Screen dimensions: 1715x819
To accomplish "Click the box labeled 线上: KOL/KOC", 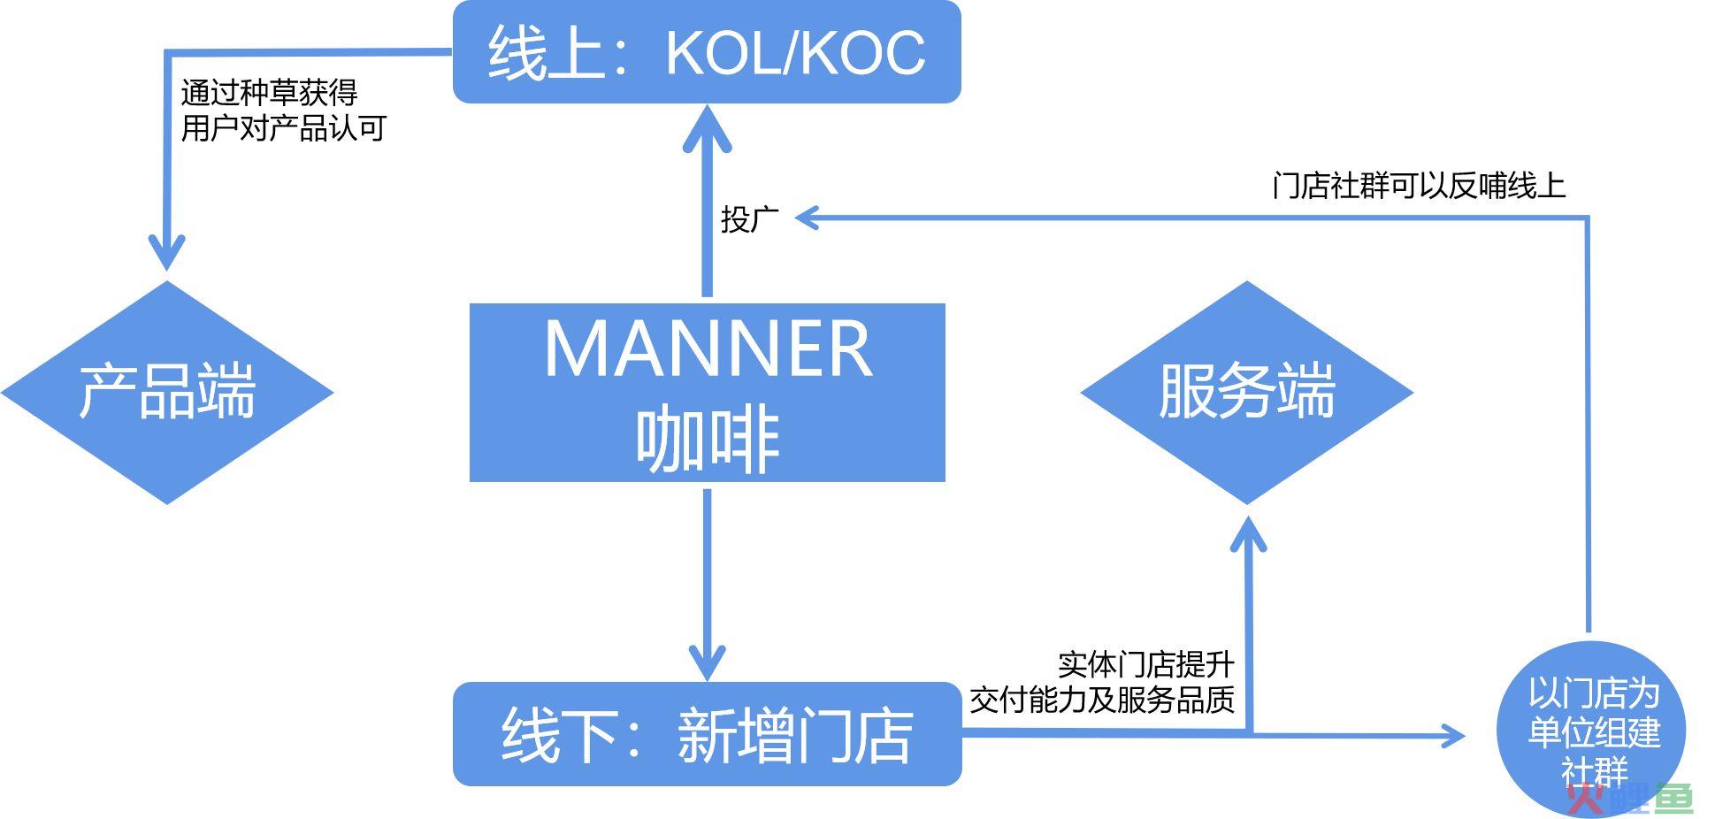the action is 707,51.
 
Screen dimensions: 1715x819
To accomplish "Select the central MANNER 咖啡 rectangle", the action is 707,393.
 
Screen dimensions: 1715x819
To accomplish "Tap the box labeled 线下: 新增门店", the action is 707,734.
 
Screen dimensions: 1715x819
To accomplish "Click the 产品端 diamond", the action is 166,393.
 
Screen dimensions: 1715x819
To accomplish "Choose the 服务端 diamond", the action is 1246,393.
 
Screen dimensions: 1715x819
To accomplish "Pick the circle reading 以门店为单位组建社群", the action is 1591,731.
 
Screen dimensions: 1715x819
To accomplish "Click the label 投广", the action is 750,218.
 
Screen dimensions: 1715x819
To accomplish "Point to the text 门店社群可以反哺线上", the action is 1419,186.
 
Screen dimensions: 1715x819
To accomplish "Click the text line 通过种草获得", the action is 269,92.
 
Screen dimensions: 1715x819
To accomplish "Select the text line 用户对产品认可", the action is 283,128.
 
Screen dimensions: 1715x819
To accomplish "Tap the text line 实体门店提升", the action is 1145,664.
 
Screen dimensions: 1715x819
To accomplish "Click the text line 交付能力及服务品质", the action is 1102,700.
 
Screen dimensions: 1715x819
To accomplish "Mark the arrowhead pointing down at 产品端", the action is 166,250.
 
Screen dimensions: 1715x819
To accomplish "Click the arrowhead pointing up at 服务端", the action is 1248,532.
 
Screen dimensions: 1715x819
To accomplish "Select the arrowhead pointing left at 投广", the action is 808,218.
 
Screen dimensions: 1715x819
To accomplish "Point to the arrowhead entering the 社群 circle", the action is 1452,735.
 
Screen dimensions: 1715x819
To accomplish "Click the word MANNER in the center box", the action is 708,348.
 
